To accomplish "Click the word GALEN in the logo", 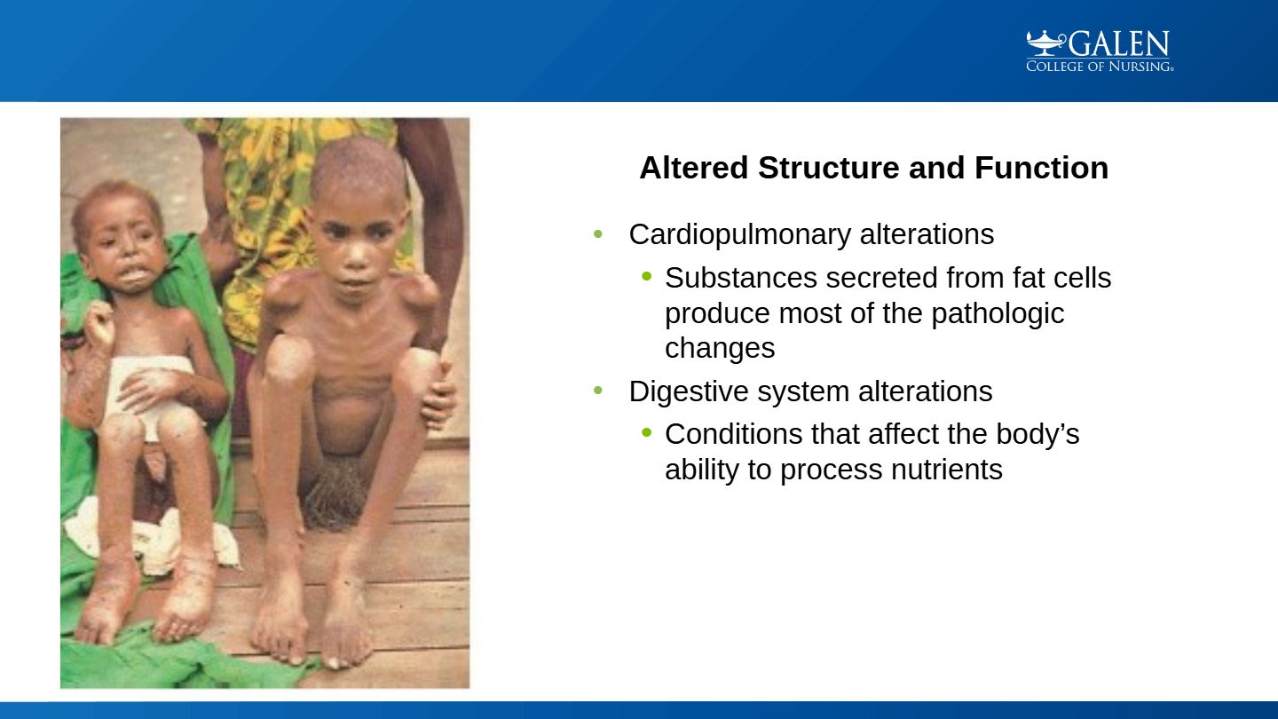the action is click(x=1119, y=44).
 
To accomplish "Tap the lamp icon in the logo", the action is click(x=1045, y=43).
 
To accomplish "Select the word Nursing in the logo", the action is click(x=1140, y=67).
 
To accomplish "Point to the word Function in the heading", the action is click(x=1041, y=168).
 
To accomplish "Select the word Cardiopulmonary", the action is click(x=740, y=235).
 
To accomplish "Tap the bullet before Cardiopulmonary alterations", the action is click(x=598, y=234).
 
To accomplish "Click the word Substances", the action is click(x=740, y=278).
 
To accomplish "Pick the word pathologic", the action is click(x=998, y=314).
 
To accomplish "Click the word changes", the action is click(x=720, y=349).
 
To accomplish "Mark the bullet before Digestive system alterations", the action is click(x=598, y=391).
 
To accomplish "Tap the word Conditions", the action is click(x=733, y=434).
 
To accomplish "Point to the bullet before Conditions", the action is click(x=646, y=433).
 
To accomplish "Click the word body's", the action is click(x=1037, y=435).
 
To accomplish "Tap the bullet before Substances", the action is click(x=646, y=277).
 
